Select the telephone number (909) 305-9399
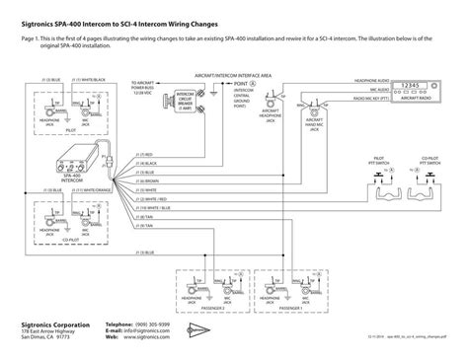coord(155,324)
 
